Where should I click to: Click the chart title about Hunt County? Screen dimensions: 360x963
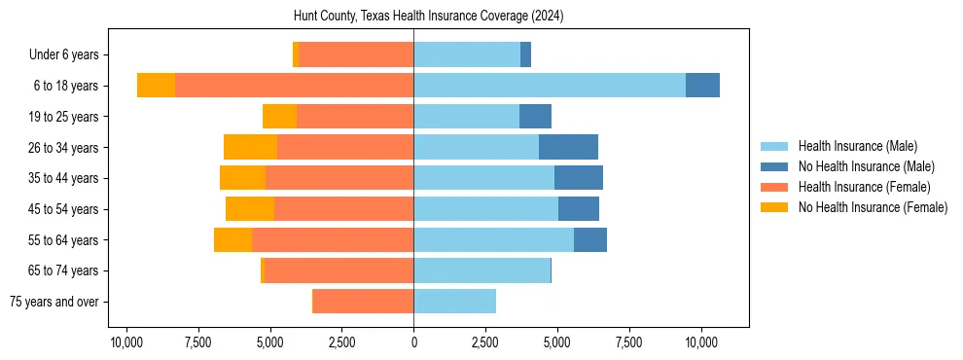point(428,17)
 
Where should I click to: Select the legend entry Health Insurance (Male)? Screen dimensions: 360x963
point(857,146)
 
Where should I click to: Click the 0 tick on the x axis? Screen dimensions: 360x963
point(413,342)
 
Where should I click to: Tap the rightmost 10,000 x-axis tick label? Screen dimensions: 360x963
point(701,342)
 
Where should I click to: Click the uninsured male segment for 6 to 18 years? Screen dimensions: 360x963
point(702,86)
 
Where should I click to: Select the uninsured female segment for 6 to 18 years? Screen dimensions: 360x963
point(156,86)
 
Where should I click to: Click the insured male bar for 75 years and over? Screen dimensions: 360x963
point(454,302)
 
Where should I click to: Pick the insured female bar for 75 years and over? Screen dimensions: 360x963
point(363,302)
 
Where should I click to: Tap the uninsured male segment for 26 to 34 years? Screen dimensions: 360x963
point(568,147)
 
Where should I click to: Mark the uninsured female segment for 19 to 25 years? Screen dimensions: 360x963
point(279,117)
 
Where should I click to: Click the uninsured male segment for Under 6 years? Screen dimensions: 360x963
point(525,54)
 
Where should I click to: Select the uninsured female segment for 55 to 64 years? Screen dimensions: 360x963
point(232,240)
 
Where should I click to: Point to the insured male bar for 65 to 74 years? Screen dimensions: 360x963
point(481,270)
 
